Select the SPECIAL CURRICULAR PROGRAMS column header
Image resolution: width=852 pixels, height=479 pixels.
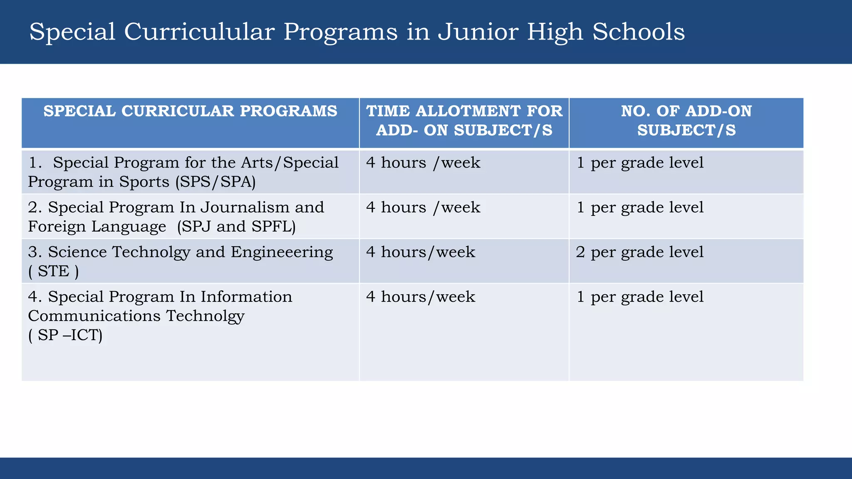pyautogui.click(x=190, y=111)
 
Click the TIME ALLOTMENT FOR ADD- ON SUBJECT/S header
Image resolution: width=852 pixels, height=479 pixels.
pyautogui.click(x=464, y=121)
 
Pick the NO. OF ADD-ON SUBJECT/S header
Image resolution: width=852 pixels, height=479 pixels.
pyautogui.click(x=686, y=121)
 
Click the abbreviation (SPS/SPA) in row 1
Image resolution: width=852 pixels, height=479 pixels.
pyautogui.click(x=215, y=182)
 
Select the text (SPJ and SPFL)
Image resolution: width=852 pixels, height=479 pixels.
pyautogui.click(x=236, y=227)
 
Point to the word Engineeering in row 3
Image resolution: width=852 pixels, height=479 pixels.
pyautogui.click(x=282, y=252)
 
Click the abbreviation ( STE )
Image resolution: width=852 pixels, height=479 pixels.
pyautogui.click(x=53, y=271)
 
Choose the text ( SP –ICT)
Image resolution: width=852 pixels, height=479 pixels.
pyautogui.click(x=65, y=335)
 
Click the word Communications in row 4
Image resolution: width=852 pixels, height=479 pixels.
pyautogui.click(x=94, y=316)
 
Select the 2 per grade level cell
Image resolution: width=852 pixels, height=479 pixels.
pyautogui.click(x=639, y=252)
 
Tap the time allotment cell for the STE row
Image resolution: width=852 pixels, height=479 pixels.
pyautogui.click(x=420, y=252)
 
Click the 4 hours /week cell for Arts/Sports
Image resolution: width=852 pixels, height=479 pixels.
pyautogui.click(x=423, y=163)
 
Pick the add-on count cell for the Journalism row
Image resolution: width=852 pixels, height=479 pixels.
pyautogui.click(x=639, y=207)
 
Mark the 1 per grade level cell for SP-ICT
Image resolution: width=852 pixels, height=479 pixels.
pyautogui.click(x=639, y=297)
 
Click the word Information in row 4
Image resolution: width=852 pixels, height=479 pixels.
pyautogui.click(x=246, y=297)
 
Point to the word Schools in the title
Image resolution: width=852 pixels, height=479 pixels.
pyautogui.click(x=638, y=32)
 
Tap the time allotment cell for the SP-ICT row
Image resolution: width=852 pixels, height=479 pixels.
pyautogui.click(x=420, y=297)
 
